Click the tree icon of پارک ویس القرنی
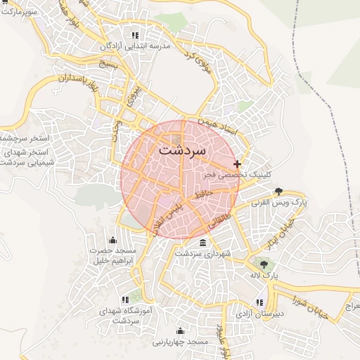click(279, 191)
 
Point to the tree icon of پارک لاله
click(264, 264)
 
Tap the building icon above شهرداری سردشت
click(203, 243)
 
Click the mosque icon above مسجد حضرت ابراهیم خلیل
click(112, 240)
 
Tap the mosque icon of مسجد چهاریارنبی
click(180, 331)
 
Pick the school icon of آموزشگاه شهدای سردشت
click(126, 299)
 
